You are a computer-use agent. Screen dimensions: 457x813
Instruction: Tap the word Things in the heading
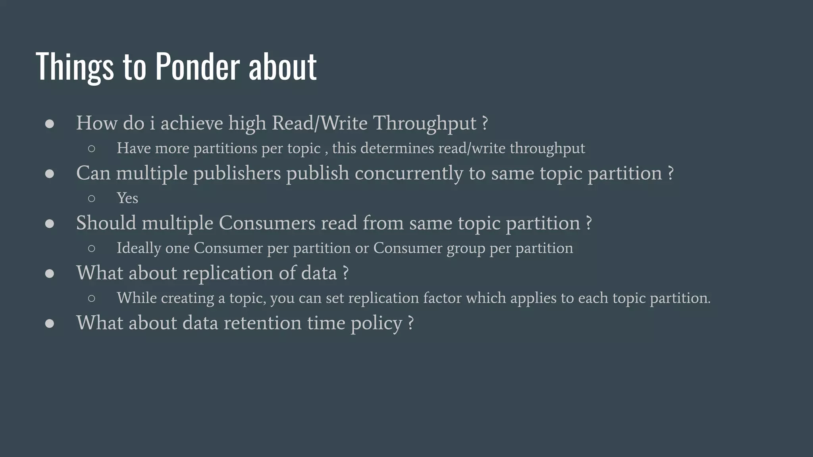coord(75,66)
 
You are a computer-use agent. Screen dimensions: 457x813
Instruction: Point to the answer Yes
coord(127,198)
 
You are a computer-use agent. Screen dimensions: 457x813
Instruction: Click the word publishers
coord(237,173)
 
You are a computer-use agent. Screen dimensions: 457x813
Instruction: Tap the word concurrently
coord(408,173)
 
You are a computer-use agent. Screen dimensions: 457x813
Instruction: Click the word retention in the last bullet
coord(263,323)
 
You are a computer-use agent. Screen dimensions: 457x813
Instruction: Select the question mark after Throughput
coord(485,123)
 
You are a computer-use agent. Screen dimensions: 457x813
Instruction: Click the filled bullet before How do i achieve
coord(50,124)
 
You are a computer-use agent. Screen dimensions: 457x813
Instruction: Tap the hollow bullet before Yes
coord(92,198)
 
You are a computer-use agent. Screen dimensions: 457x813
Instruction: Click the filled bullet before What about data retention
coord(50,323)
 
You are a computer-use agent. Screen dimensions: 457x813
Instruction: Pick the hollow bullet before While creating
coord(92,298)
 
